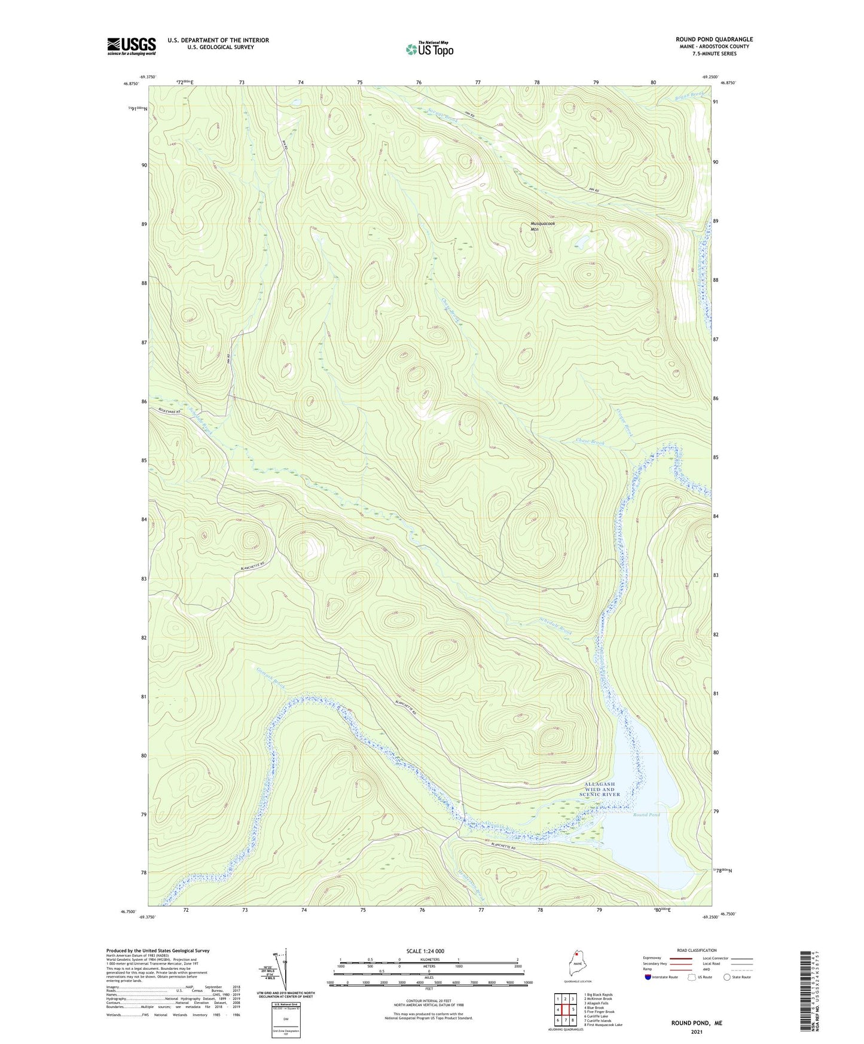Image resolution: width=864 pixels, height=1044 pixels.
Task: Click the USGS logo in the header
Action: (132, 46)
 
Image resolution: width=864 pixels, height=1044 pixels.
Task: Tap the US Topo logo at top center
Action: (429, 49)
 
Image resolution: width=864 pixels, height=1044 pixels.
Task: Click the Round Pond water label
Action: (646, 815)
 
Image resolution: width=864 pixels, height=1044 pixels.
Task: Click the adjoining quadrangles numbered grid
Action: (565, 1011)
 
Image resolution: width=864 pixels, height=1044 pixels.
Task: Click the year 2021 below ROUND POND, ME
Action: (696, 1032)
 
